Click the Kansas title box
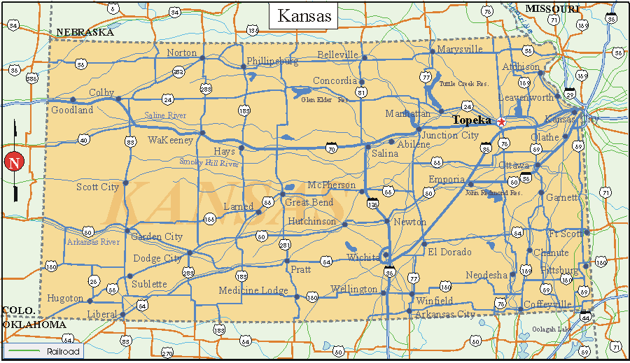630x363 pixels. point(304,16)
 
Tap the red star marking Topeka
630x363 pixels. point(501,122)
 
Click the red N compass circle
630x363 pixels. point(13,162)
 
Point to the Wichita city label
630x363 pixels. point(363,257)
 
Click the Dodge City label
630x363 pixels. point(157,258)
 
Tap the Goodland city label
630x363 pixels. point(72,110)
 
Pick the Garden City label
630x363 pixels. point(157,236)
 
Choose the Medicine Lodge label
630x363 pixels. point(253,290)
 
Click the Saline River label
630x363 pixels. point(165,115)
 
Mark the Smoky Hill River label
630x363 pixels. point(209,163)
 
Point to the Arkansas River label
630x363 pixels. point(93,242)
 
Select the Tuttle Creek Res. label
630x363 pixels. point(463,83)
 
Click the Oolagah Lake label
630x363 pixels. point(552,329)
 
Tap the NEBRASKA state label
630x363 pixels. point(85,32)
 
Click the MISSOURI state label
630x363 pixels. point(553,8)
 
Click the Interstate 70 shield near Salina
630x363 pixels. point(331,148)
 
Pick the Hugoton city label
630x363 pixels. point(65,298)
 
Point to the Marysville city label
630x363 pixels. point(460,49)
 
